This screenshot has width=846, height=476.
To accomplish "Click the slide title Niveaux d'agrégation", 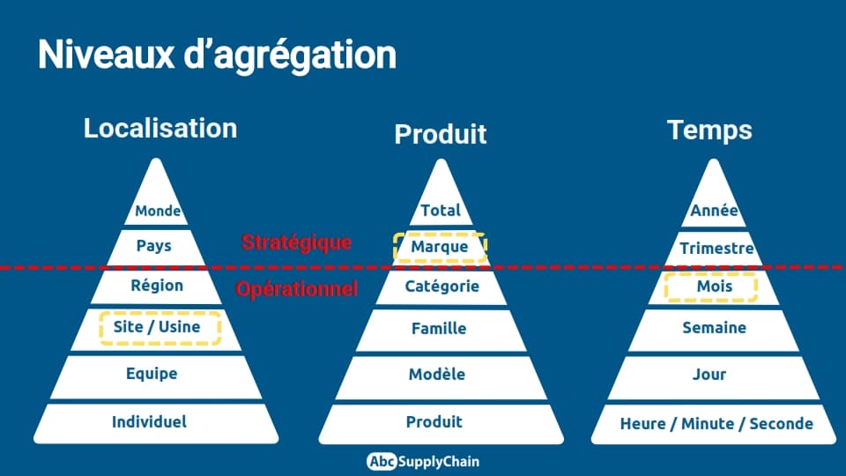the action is [217, 56].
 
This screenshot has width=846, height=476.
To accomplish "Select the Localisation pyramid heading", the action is [160, 129].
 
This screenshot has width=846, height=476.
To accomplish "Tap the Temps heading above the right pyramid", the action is [709, 130].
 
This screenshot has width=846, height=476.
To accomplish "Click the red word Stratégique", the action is [296, 242].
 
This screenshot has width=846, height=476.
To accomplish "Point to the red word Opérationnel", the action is [297, 289].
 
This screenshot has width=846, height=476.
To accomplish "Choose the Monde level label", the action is [158, 211].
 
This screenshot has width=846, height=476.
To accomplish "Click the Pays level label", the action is [153, 246].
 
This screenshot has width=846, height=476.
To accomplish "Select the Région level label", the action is [157, 285].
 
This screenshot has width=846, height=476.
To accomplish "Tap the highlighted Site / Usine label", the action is [157, 326].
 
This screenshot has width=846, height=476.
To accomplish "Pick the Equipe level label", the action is [152, 374].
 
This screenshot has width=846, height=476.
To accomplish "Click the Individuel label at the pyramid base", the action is [150, 421].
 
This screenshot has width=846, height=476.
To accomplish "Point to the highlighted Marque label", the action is [440, 247].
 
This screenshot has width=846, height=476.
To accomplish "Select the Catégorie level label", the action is [442, 286].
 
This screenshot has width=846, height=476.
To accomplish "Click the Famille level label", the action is [439, 328].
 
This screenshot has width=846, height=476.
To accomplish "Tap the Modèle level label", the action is [437, 374].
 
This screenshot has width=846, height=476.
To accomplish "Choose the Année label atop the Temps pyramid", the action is [714, 210].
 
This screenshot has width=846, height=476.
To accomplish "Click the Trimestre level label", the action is [716, 249].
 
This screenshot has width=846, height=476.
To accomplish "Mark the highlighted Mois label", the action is [715, 286].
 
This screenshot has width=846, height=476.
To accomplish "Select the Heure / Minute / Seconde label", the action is [716, 424].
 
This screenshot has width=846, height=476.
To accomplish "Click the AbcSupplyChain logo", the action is [423, 461].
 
